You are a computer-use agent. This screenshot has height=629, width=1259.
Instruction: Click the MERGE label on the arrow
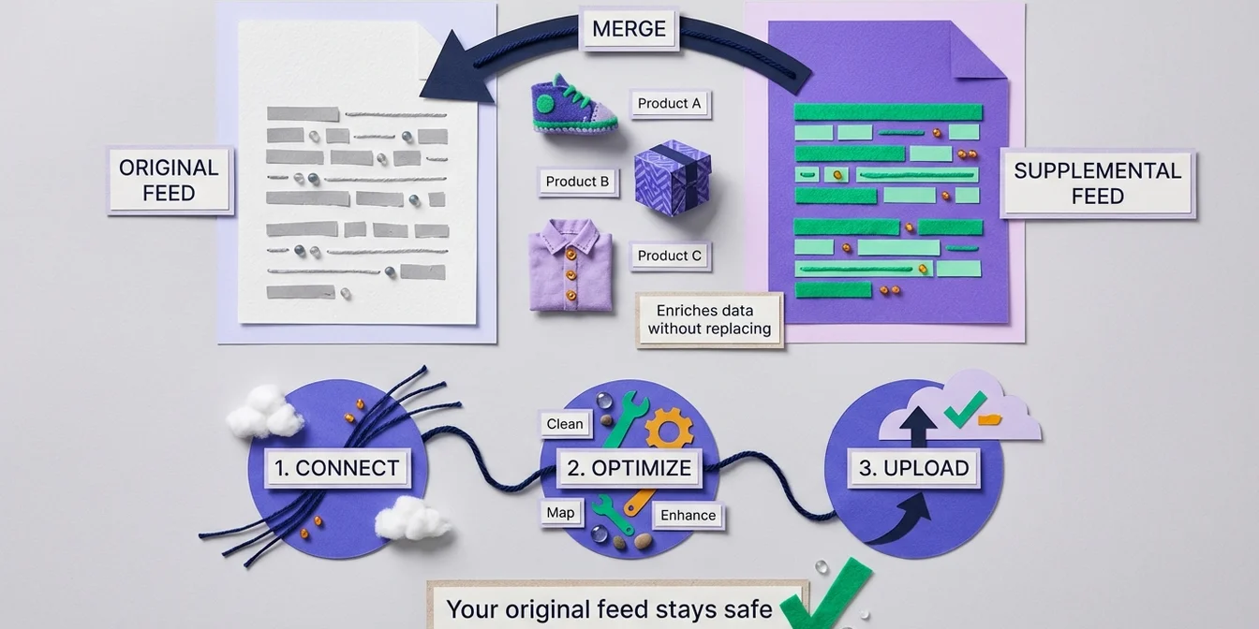pos(629,29)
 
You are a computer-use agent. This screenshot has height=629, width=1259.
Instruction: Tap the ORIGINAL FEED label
pos(169,181)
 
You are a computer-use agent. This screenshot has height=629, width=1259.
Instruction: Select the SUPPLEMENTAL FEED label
pos(1097,183)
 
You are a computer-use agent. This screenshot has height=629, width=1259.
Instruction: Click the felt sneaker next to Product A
pos(572,104)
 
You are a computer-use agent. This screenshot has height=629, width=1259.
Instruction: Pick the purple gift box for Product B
pos(672,177)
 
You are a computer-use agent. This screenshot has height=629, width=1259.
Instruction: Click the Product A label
pos(669,104)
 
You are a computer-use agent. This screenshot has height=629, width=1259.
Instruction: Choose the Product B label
pos(577,182)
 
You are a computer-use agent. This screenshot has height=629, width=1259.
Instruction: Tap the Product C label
pos(669,256)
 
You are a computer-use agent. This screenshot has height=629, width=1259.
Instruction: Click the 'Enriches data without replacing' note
pos(709,320)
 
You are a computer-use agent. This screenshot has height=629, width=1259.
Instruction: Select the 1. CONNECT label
pos(337,468)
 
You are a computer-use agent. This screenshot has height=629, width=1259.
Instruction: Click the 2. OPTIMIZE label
pos(629,468)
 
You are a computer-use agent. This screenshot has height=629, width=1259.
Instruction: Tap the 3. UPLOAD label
pos(913,468)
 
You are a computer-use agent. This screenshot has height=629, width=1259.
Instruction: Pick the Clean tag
pos(564,424)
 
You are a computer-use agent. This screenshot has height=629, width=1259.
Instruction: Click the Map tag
pos(560,513)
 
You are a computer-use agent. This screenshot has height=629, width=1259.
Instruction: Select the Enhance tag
pos(688,516)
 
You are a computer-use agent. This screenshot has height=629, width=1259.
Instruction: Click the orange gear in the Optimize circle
pos(669,429)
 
